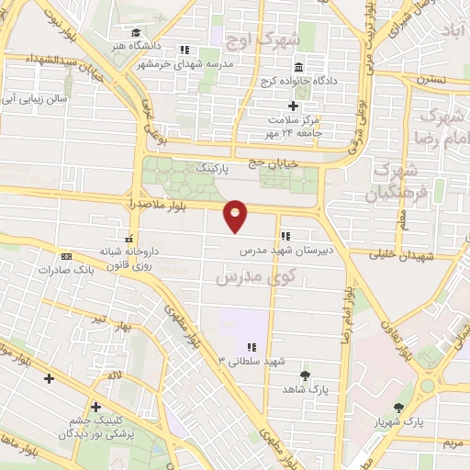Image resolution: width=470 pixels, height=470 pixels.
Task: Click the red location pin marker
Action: coord(236,215)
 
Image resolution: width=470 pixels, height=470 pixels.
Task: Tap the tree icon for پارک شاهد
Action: coord(305,375)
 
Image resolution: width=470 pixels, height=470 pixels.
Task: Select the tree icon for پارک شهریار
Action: coord(397,408)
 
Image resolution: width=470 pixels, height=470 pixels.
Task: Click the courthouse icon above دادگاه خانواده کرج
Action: coord(299,68)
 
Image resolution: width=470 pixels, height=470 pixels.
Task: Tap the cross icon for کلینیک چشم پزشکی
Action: coord(95,407)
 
